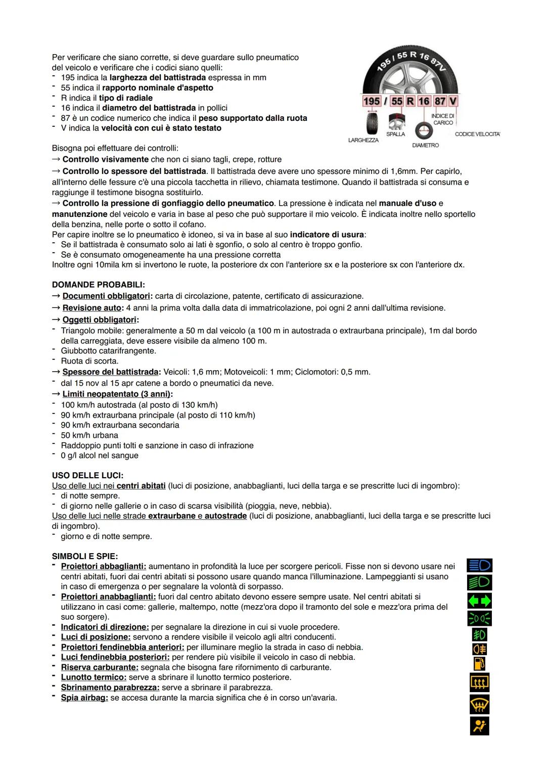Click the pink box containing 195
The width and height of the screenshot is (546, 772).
coord(372,101)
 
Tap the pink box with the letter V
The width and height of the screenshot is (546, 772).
coord(453,101)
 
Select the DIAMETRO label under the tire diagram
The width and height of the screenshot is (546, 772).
coord(425,146)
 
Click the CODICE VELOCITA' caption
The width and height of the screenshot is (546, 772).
coord(477,134)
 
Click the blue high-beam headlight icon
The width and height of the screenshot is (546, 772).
coord(479,565)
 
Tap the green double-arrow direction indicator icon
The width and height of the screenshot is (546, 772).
coord(479,601)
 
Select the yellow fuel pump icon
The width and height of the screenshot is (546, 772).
coord(479,663)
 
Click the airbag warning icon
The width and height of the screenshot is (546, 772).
coord(479,726)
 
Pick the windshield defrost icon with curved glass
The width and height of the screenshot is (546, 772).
coord(479,704)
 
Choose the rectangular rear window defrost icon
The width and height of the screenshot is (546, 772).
coord(479,683)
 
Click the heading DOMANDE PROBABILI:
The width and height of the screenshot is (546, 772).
coord(98,285)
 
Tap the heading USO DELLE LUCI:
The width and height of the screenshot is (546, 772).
coord(87,475)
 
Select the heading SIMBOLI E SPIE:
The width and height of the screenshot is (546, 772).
coord(85,556)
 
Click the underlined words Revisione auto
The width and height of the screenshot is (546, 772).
coord(92,308)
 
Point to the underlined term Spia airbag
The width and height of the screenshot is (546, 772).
coord(84,698)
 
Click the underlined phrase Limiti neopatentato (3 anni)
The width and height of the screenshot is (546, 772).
coord(117,394)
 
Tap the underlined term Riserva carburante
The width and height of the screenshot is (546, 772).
coord(99,667)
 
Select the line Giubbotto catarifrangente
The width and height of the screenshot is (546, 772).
coord(108,351)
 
